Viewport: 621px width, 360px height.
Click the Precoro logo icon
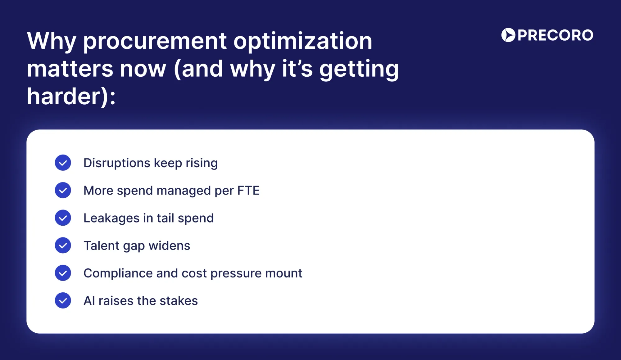508,35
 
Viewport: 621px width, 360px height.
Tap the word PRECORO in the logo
555,35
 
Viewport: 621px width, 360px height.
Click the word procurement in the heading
155,41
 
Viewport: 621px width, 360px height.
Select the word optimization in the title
302,41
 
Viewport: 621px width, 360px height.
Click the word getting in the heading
359,69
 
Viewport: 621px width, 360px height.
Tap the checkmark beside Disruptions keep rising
63,163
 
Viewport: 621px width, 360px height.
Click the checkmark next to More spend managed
63,190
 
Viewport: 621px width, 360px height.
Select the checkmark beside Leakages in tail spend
63,218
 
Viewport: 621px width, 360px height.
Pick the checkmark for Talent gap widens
63,245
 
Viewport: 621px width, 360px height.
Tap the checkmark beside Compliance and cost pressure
63,273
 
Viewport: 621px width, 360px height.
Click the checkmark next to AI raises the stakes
63,300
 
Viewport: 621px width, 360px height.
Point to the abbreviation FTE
248,191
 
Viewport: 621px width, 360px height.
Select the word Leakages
111,218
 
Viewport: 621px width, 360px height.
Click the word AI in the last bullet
89,301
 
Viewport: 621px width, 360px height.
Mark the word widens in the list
169,246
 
